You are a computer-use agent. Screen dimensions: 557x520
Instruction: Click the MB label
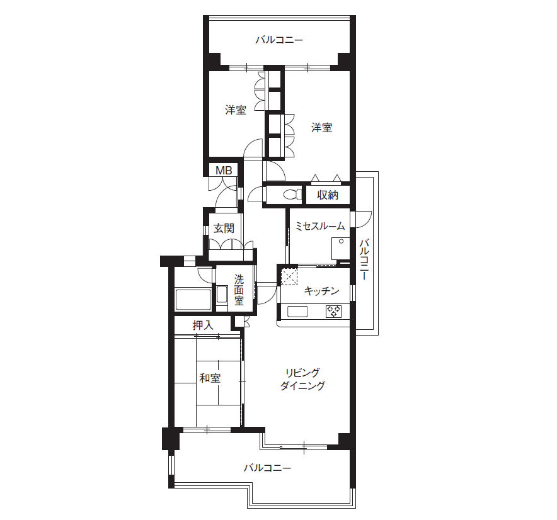(x=224, y=171)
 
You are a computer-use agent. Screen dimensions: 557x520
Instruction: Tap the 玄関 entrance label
(x=224, y=229)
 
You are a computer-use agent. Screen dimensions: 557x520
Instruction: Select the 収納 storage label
(x=328, y=195)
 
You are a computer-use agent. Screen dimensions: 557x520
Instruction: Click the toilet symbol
(x=292, y=195)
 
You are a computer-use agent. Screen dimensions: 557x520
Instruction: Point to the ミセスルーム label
(x=320, y=226)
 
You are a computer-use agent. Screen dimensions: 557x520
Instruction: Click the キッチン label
(x=322, y=291)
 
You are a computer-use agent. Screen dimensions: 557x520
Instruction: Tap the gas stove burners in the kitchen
(x=333, y=311)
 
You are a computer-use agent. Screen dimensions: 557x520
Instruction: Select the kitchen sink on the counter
(x=297, y=312)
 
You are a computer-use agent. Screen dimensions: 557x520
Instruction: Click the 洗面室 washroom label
(x=239, y=290)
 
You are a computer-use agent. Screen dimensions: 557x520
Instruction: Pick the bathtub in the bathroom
(x=193, y=299)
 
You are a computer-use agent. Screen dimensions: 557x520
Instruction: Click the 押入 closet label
(x=203, y=325)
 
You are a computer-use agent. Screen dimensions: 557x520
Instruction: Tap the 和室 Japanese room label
(x=210, y=378)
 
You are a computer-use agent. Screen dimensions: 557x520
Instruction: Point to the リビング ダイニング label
(x=302, y=379)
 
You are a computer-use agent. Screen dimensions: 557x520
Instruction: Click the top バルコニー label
(x=279, y=40)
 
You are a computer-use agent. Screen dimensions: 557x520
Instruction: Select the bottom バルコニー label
(x=268, y=468)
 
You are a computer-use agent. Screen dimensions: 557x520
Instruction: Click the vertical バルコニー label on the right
(x=364, y=259)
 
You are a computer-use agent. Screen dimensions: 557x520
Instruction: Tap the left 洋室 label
(x=236, y=110)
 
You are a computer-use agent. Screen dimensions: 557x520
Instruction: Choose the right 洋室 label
(x=322, y=127)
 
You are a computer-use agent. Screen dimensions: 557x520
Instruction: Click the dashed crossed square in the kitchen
(x=289, y=277)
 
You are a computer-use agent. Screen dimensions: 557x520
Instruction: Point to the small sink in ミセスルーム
(x=340, y=249)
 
